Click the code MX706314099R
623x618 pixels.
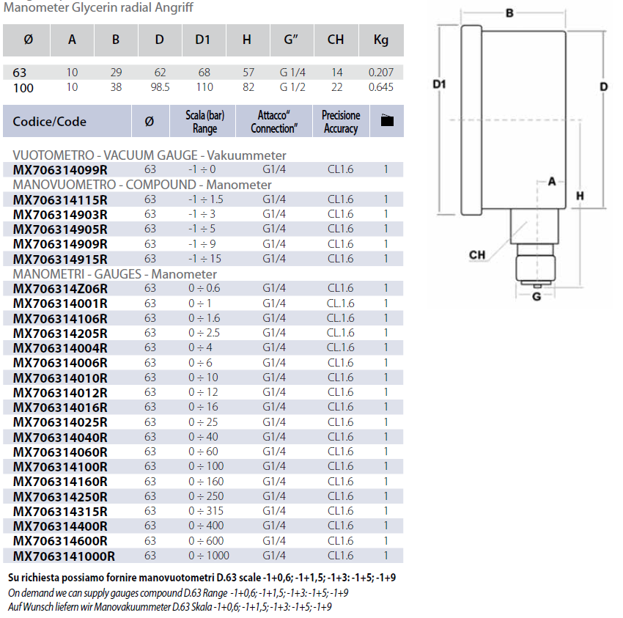[60, 170]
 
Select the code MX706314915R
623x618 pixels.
[60, 260]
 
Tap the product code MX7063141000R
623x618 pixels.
[64, 556]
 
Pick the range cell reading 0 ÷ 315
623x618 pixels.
[204, 511]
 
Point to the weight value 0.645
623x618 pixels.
[380, 87]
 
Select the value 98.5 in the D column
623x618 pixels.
[160, 87]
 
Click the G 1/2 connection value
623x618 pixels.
[292, 87]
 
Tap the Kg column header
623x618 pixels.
[381, 40]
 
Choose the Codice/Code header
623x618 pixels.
[50, 122]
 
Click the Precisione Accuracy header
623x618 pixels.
[341, 122]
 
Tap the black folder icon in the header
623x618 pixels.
[387, 121]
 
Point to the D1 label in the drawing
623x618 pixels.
[439, 84]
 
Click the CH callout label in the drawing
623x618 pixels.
[477, 255]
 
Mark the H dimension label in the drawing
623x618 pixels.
[579, 196]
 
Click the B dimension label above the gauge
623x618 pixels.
[509, 12]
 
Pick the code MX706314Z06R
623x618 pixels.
[60, 289]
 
